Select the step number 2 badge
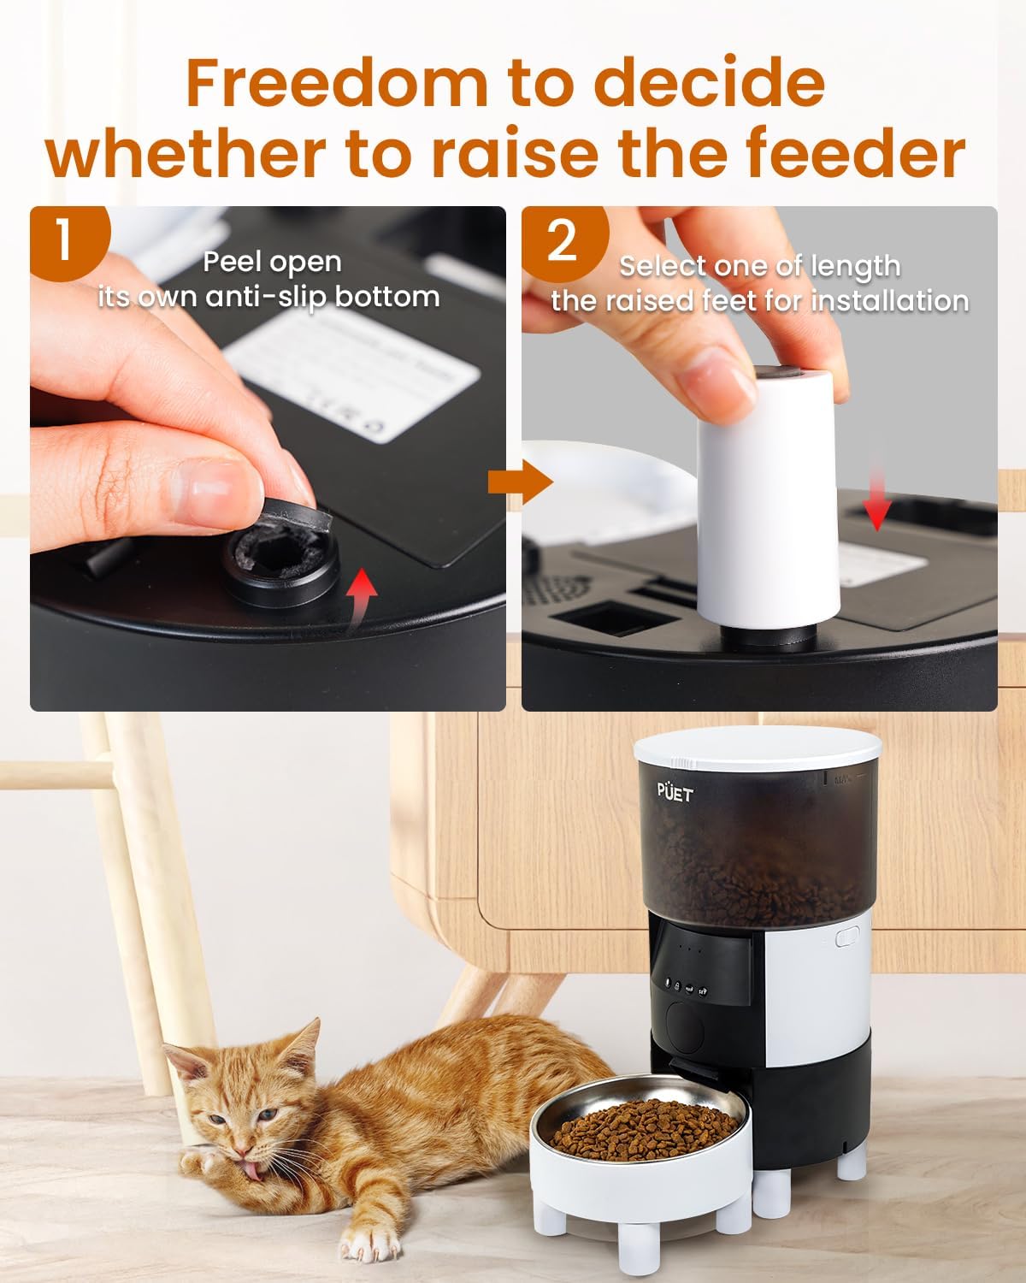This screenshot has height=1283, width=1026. point(562,241)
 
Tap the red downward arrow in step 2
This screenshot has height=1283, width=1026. point(876,505)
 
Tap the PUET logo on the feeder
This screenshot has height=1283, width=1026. point(675,792)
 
